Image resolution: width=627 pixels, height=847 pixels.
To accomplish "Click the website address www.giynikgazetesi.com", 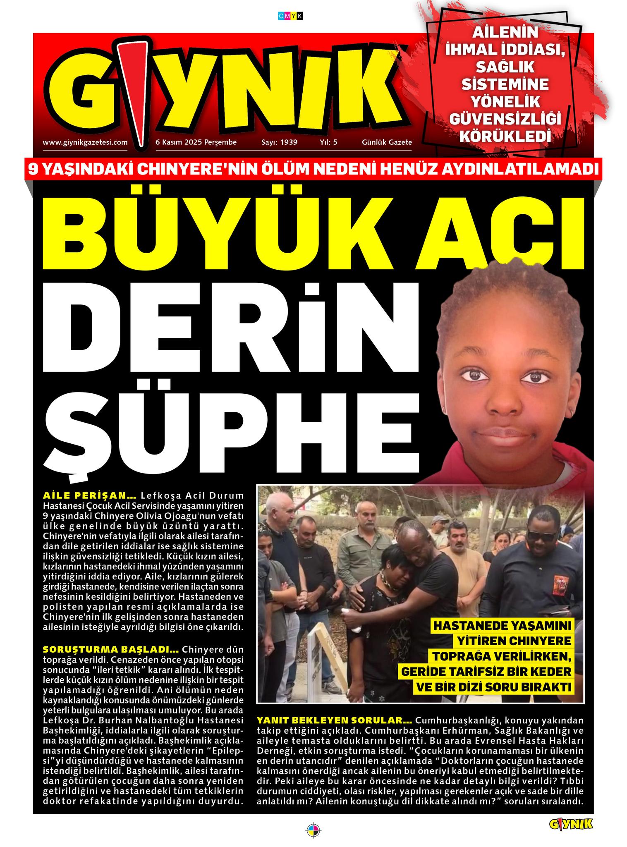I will tap(85, 142).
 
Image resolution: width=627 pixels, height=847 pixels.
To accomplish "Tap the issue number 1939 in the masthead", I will tap(289, 142).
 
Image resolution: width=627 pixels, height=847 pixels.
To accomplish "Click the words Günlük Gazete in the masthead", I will tap(387, 142).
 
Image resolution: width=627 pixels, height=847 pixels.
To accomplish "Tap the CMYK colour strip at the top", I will tap(290, 16).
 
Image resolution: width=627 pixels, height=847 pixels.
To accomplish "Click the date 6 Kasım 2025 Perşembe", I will tap(196, 142).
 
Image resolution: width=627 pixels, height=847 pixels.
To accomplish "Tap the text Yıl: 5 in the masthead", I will tap(328, 142).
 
